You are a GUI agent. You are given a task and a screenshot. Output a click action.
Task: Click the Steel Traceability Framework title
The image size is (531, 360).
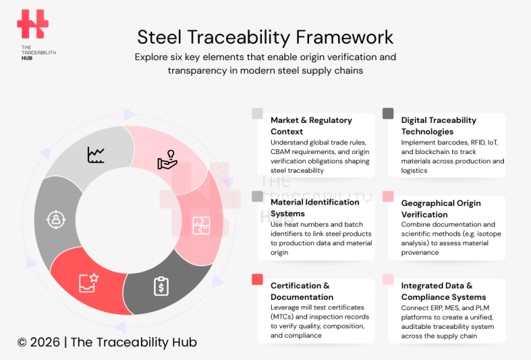coord(265,36)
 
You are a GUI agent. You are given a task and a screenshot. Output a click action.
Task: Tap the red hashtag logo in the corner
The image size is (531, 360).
coord(33,24)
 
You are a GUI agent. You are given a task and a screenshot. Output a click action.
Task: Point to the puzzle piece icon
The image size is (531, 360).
coord(201,225)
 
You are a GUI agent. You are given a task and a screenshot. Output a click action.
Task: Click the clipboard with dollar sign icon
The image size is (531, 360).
coord(161,285)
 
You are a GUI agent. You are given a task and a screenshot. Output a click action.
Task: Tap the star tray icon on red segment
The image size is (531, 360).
coord(88,281)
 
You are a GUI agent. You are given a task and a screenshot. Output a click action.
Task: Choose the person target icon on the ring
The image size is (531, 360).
coord(55,219)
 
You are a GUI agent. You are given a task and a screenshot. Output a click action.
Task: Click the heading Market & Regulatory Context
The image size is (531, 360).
coord(311,125)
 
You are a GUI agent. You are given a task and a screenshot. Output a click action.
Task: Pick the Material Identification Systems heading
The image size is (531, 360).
coord(315,208)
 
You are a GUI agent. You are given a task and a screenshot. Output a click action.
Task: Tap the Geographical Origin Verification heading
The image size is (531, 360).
coord(440,209)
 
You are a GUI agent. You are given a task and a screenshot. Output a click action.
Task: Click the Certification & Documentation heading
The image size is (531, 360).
coord(300,291)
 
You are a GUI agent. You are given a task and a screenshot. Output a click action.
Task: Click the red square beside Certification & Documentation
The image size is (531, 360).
coord(257,279)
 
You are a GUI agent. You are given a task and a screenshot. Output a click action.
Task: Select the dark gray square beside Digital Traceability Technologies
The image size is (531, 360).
coord(388,113)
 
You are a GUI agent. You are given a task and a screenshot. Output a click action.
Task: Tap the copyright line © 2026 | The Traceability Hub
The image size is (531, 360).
coord(107,341)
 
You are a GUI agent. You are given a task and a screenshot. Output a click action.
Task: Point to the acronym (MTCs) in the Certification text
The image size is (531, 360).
coord(283,317)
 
